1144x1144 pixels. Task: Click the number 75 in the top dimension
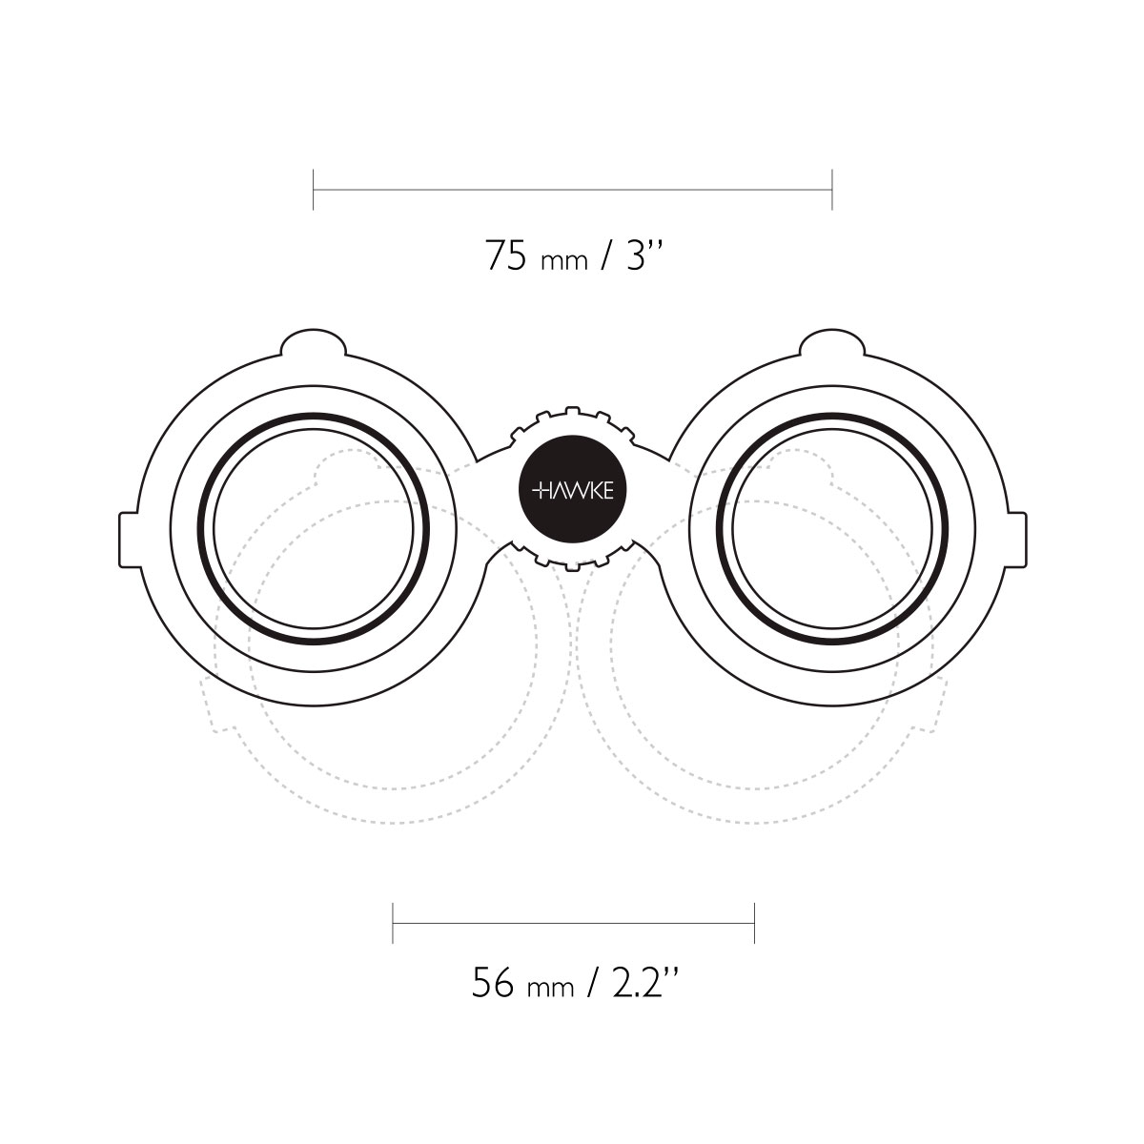[506, 255]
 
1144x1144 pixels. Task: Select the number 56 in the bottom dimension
[492, 982]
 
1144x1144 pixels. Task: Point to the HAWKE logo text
[572, 491]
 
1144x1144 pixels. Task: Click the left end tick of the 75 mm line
[313, 190]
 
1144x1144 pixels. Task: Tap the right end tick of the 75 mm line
[831, 190]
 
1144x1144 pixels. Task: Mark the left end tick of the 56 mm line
[393, 923]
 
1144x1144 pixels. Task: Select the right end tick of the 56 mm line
[754, 923]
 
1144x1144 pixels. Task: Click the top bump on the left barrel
[313, 341]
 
